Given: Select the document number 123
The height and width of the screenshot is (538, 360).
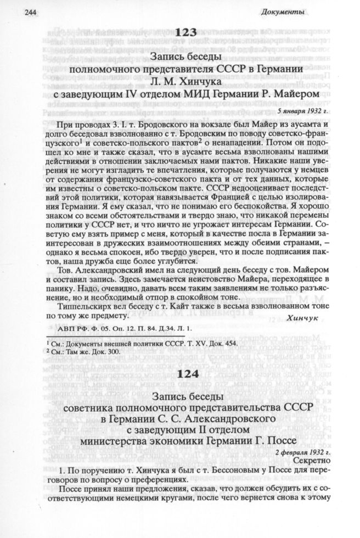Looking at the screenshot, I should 181,34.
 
